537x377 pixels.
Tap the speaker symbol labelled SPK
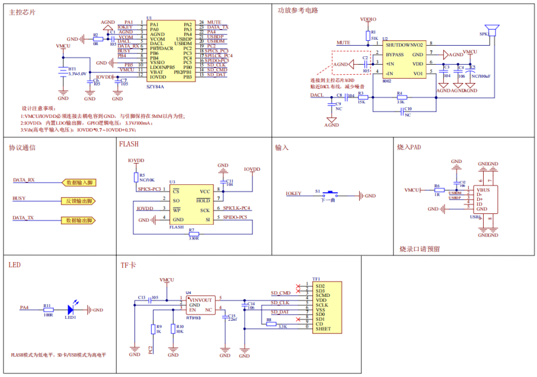click(x=490, y=31)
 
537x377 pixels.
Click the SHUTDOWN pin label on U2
click(x=398, y=44)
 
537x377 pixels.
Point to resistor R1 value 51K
click(x=374, y=38)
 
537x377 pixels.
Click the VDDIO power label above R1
click(x=368, y=19)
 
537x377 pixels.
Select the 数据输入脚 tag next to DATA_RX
click(x=79, y=183)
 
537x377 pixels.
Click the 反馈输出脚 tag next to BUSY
click(x=78, y=202)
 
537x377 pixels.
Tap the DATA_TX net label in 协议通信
click(x=23, y=218)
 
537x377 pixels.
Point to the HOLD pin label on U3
click(x=204, y=200)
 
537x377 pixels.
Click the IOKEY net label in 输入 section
click(x=293, y=194)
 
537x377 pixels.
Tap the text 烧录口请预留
click(x=419, y=249)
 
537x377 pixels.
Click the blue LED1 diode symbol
click(x=71, y=309)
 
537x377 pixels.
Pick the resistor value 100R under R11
click(x=47, y=315)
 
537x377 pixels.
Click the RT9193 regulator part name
click(x=193, y=318)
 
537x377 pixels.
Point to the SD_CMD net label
click(x=280, y=293)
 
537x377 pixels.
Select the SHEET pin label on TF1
click(x=323, y=330)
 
